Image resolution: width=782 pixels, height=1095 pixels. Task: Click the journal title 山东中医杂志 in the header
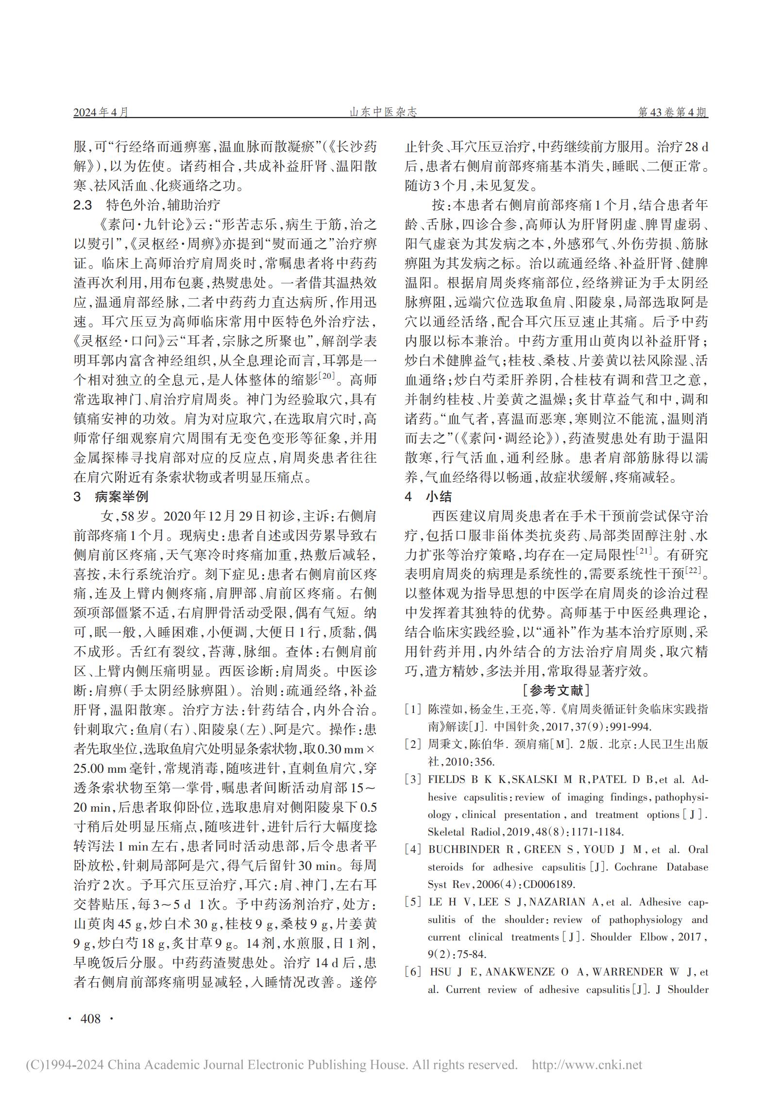click(x=383, y=112)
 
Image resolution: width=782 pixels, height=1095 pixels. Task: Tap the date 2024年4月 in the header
click(x=101, y=112)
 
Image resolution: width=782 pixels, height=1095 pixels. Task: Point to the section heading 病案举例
click(x=121, y=496)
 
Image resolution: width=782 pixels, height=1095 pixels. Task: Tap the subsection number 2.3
click(x=83, y=205)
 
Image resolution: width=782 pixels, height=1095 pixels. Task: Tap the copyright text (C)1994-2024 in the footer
click(x=64, y=1065)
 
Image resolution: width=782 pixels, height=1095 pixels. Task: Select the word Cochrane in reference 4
click(x=636, y=867)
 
